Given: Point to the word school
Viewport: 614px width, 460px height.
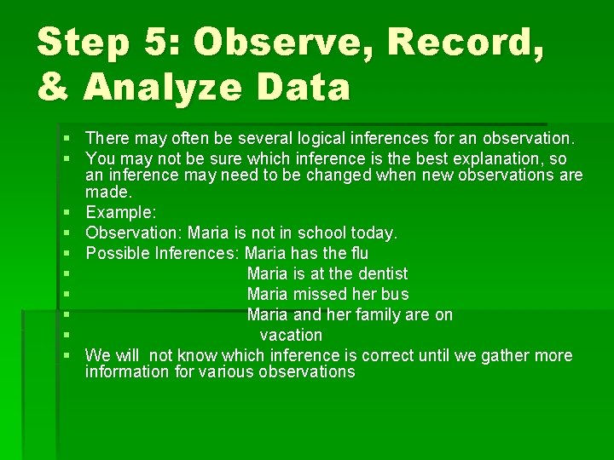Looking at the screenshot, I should pos(327,232).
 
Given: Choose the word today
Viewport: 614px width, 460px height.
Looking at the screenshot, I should pos(376,232).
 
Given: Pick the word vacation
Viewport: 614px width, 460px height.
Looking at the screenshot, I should pos(291,335).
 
